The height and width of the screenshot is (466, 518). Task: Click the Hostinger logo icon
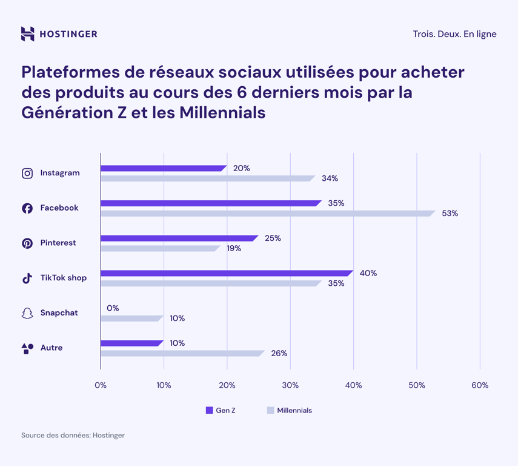[x=27, y=34]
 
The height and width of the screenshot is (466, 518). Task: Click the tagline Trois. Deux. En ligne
[x=454, y=34]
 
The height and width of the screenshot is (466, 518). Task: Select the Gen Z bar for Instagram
[x=162, y=168]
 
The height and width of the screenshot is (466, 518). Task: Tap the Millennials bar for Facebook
[x=267, y=213]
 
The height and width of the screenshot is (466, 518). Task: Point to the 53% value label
[x=450, y=214]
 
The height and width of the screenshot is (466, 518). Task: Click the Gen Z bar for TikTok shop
[x=225, y=273]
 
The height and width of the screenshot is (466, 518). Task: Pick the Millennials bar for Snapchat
[x=131, y=318]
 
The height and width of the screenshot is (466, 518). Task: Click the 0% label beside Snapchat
[x=113, y=308]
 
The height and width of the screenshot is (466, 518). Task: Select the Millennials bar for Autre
[x=182, y=353]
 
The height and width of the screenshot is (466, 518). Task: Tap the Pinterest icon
[x=27, y=243]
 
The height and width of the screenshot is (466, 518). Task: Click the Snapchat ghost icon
[x=27, y=313]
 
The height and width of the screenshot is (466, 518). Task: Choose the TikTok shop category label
[x=63, y=278]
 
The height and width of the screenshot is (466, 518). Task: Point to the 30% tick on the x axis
[x=290, y=385]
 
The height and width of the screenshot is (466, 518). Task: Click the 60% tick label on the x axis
[x=480, y=385]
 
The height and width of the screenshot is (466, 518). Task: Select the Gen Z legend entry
[x=221, y=410]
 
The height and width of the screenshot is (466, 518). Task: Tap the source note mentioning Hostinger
[x=73, y=435]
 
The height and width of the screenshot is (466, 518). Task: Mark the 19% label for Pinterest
[x=234, y=248]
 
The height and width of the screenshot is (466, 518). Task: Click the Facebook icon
[x=27, y=208]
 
